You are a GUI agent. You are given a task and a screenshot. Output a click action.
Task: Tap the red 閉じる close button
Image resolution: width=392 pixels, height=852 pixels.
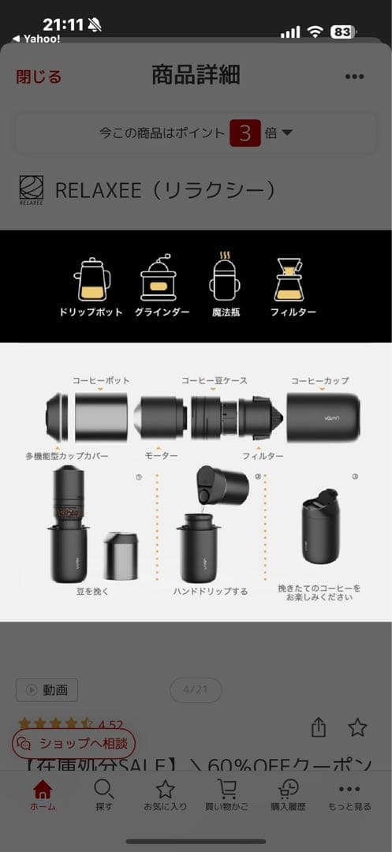[x=39, y=77]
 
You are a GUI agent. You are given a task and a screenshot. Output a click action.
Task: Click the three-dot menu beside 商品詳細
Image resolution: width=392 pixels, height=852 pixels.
[x=354, y=77]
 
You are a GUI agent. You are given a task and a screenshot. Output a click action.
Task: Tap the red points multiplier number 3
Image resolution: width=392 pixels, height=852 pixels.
[x=245, y=133]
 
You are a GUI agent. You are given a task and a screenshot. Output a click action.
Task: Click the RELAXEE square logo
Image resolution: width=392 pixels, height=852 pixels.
[x=32, y=190]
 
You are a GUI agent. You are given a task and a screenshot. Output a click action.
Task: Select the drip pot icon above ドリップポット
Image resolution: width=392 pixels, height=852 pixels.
[x=91, y=279]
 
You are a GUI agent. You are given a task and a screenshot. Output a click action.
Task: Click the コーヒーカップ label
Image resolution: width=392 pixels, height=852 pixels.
[x=320, y=380]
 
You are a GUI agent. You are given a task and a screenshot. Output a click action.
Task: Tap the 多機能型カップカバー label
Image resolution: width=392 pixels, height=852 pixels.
[x=67, y=456]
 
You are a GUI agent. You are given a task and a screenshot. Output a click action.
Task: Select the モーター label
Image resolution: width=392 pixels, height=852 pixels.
[x=161, y=456]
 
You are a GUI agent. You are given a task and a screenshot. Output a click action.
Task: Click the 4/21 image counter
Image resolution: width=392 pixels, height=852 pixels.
[x=195, y=689]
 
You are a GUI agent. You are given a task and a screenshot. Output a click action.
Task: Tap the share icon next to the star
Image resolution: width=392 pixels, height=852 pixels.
[x=319, y=727]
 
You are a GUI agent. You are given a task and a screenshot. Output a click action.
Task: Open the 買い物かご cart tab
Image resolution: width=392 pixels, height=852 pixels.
[x=227, y=795]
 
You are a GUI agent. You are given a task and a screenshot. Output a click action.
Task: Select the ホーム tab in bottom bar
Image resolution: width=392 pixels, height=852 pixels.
[x=43, y=795]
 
